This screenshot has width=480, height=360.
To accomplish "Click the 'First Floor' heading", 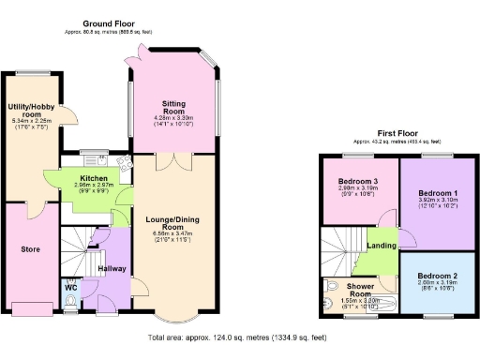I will coord(397,133).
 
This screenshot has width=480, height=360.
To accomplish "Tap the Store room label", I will coord(31,249).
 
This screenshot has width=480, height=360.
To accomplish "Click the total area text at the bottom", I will coord(237,337).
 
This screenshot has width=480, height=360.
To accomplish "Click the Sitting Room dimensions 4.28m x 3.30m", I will coord(172,118).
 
